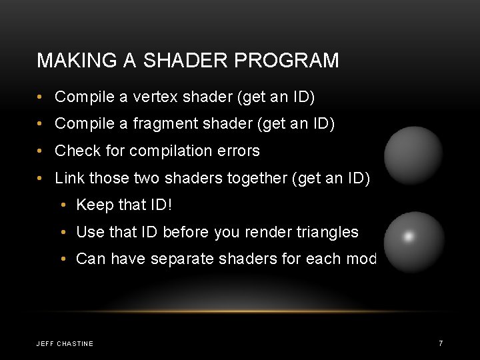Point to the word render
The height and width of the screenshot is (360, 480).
[269, 232]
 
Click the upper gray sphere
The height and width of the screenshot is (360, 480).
[414, 155]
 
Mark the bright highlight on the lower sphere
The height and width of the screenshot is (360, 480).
[409, 236]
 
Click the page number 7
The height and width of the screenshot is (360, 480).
[441, 343]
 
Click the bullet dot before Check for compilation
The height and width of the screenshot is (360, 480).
[41, 151]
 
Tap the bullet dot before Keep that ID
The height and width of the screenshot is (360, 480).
[63, 205]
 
